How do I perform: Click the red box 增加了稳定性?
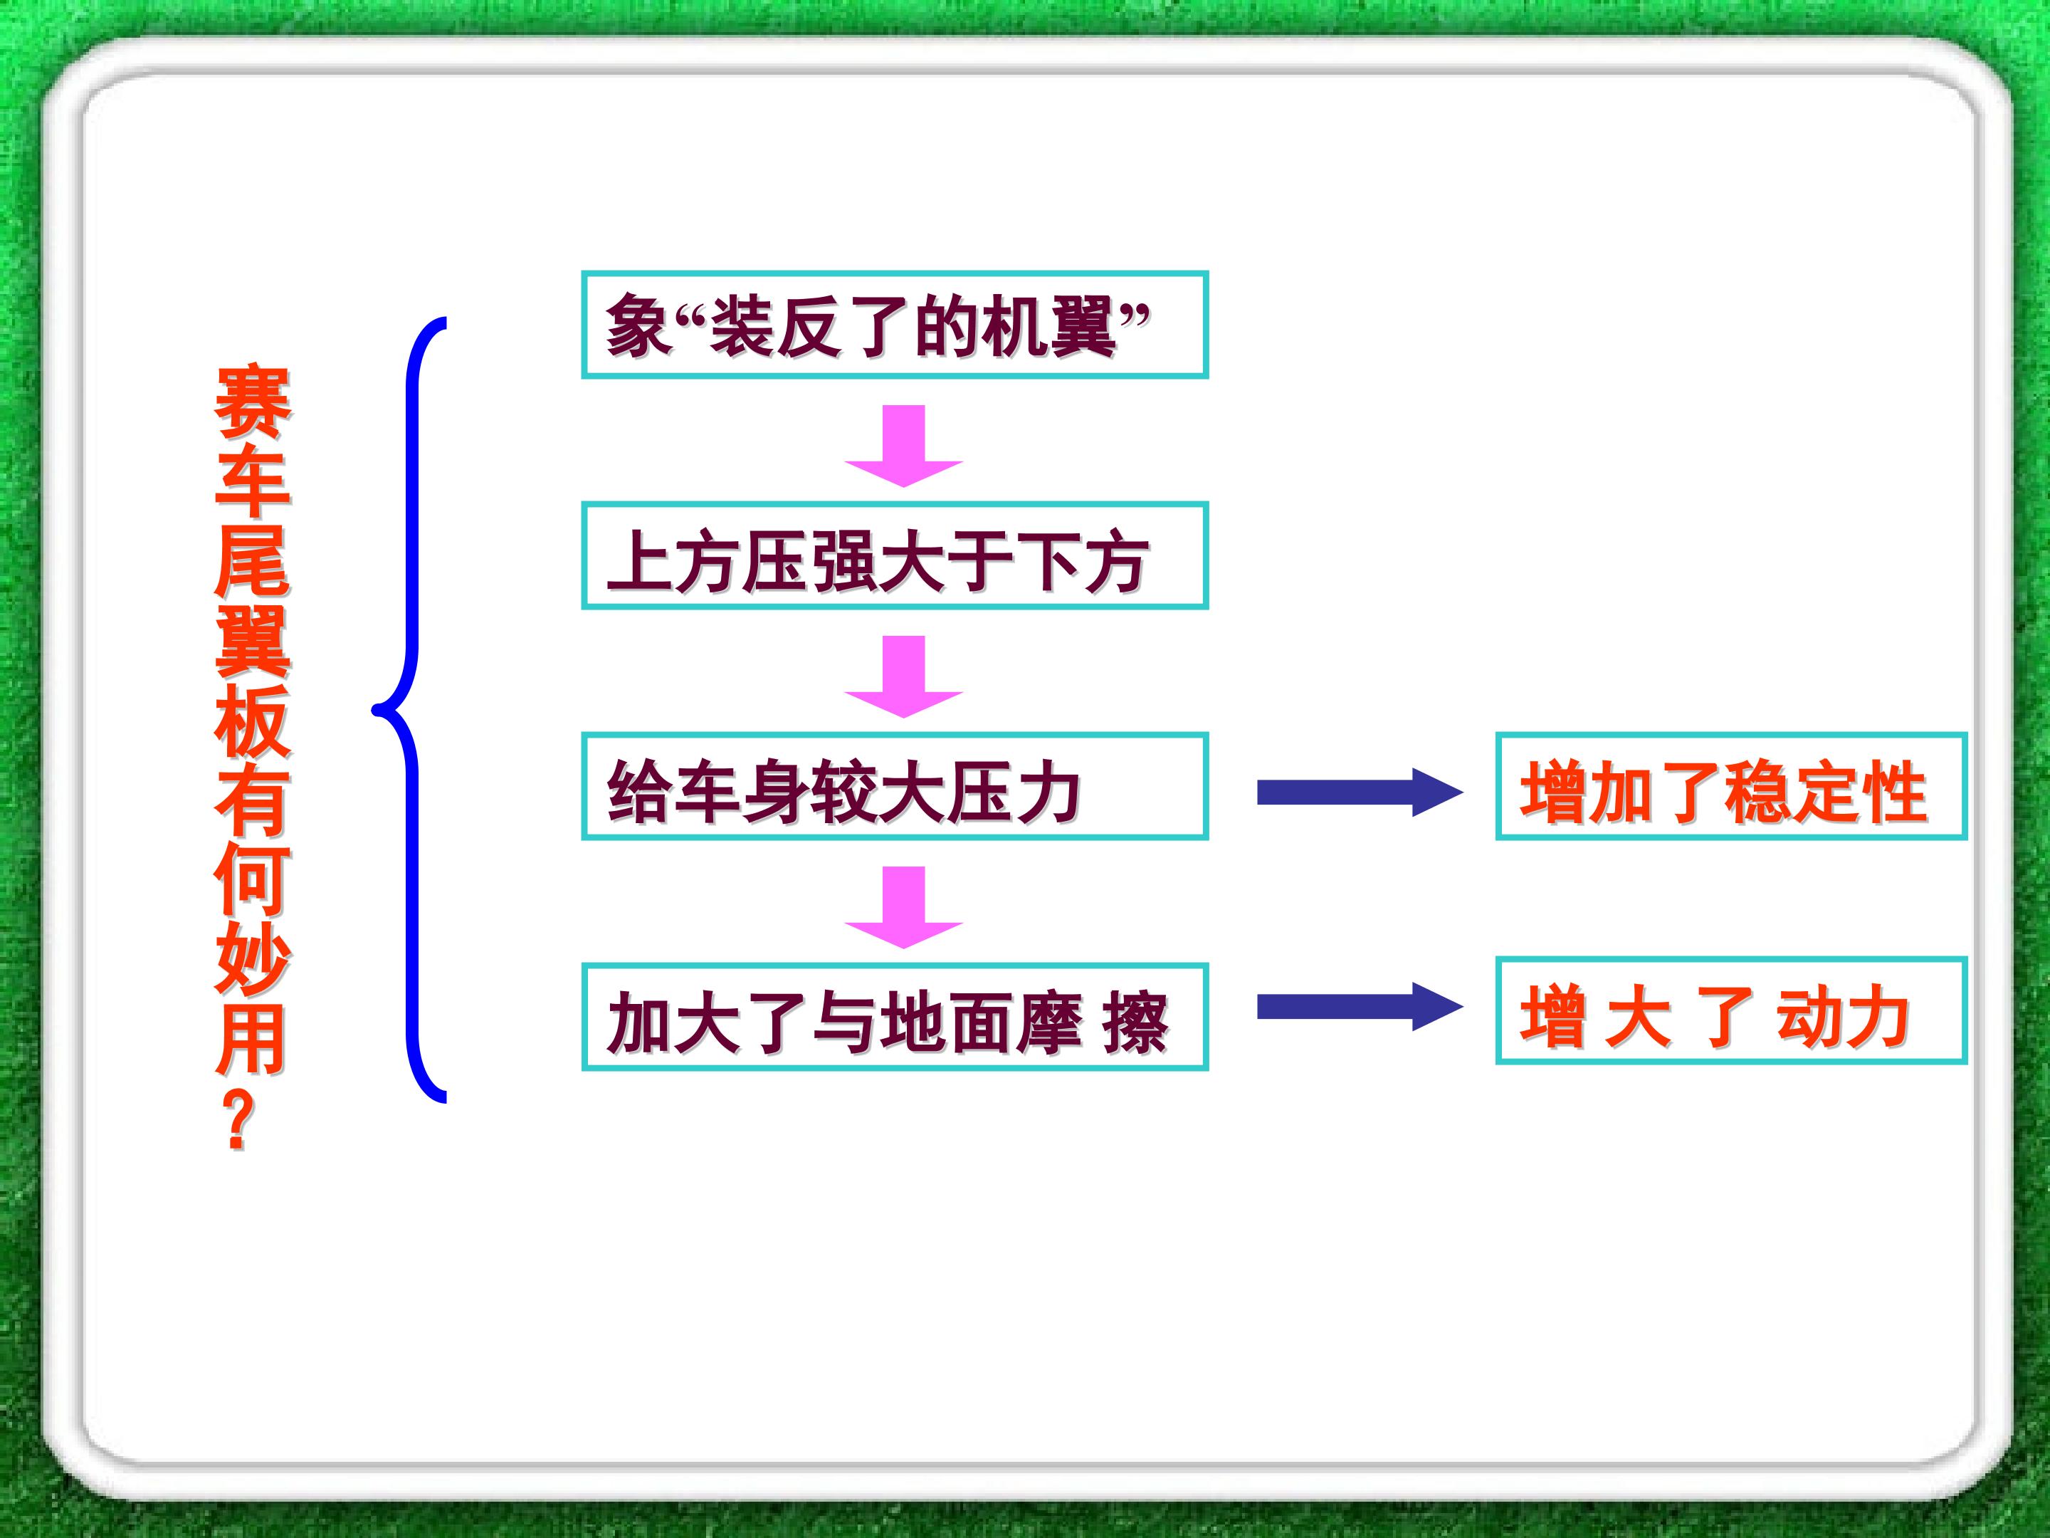coord(1731,786)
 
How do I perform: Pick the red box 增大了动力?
coord(1731,1010)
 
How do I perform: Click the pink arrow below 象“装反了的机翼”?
coord(903,446)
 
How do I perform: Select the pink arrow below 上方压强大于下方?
coord(903,676)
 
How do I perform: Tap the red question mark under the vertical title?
coord(239,1119)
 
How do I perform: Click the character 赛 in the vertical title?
coord(252,402)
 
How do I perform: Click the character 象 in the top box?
coord(639,326)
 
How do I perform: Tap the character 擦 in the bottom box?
coord(1136,1022)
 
